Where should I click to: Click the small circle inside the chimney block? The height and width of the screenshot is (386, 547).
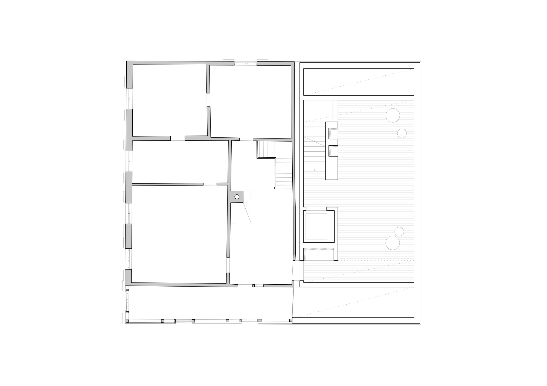pos(237,197)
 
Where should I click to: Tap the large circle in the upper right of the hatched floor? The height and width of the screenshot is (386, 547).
pos(393,115)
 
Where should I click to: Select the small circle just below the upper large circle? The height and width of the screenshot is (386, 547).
pos(402,134)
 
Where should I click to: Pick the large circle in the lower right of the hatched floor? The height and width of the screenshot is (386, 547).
pos(393,243)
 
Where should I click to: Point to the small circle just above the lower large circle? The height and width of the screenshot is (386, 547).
pos(399,231)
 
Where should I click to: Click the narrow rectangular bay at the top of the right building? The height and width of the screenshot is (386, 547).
pos(359,82)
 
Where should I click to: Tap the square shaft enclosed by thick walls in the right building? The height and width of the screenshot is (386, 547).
pos(316,226)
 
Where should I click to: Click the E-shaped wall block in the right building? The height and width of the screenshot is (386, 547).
pos(331,151)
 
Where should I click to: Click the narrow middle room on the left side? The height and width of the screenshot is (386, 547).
pos(180,162)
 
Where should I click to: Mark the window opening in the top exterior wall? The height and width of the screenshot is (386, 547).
pos(245,63)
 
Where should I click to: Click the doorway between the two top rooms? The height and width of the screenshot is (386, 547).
pos(208,100)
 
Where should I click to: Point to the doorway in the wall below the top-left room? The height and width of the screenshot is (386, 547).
pos(178,138)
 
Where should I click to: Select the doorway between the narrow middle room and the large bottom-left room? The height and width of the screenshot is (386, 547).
pos(210,184)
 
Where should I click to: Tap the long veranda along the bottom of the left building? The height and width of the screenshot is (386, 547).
pos(209,303)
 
